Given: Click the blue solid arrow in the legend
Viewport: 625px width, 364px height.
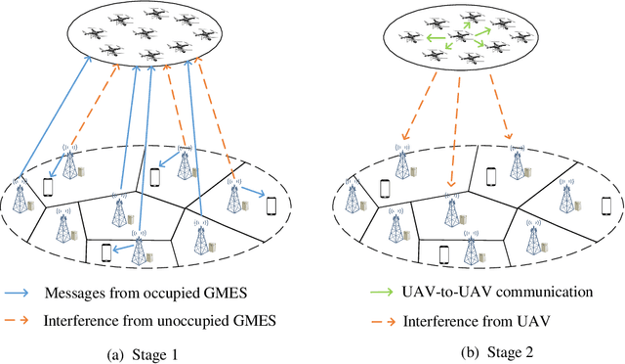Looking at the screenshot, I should [x=22, y=294].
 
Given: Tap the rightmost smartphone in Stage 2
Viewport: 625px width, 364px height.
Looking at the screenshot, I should [x=605, y=205].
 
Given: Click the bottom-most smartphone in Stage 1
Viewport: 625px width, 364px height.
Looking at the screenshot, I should [x=107, y=253].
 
